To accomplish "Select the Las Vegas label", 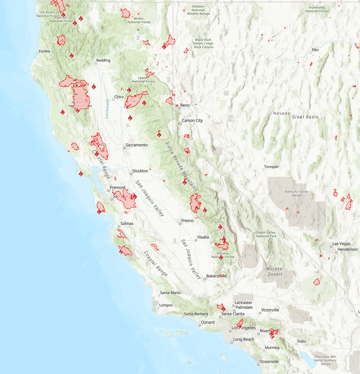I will (x=341, y=244).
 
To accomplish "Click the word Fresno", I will (x=187, y=220).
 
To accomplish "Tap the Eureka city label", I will (x=44, y=51).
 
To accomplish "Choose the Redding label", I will (x=103, y=60).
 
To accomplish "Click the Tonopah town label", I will (x=271, y=167).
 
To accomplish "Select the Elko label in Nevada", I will (x=315, y=50).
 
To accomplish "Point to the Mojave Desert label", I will (x=274, y=272).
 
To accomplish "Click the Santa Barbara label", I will (x=196, y=314).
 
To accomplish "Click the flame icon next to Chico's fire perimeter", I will (x=144, y=103).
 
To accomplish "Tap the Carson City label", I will (x=192, y=121).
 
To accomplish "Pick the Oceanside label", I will (x=269, y=361).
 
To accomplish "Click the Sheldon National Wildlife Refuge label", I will (x=198, y=10).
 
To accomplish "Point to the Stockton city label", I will (x=140, y=171).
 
